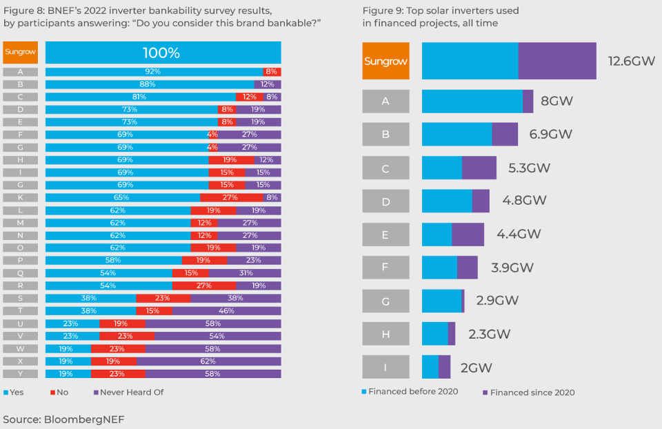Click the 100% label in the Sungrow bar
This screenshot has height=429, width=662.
(161, 53)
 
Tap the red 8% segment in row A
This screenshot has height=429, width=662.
(272, 72)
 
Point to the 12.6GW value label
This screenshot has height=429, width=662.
(631, 61)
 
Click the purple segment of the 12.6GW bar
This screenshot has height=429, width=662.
(557, 61)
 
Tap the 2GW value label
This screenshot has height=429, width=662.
(477, 368)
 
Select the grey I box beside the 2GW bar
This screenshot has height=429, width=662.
(385, 367)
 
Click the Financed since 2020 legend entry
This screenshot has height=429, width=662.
(528, 392)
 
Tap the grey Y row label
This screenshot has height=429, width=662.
(21, 374)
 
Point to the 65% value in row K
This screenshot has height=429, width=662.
(121, 197)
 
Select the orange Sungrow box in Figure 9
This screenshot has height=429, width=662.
(385, 61)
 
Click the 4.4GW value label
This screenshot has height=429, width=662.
(519, 235)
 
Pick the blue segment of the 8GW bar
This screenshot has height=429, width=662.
(472, 101)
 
